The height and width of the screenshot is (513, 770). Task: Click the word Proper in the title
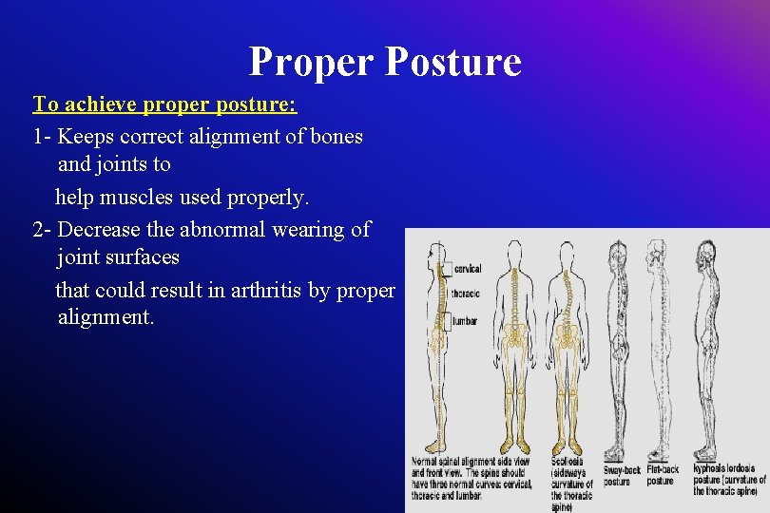[x=310, y=62]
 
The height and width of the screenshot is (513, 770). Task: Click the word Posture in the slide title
[x=453, y=62]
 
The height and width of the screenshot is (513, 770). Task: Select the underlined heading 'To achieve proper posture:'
[x=165, y=103]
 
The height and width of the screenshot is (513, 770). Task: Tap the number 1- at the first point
[x=42, y=136]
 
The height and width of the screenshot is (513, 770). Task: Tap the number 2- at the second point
[x=42, y=229]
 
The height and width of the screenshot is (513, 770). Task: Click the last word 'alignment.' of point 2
[x=105, y=317]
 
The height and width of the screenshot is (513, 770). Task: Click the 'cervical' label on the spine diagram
[x=467, y=269]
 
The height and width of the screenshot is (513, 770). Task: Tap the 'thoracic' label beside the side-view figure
[x=466, y=294]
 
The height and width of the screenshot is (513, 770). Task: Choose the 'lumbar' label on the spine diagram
[x=464, y=322]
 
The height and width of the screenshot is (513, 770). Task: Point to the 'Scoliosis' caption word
[x=568, y=461]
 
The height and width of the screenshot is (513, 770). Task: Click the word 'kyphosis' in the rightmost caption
[x=711, y=468]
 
